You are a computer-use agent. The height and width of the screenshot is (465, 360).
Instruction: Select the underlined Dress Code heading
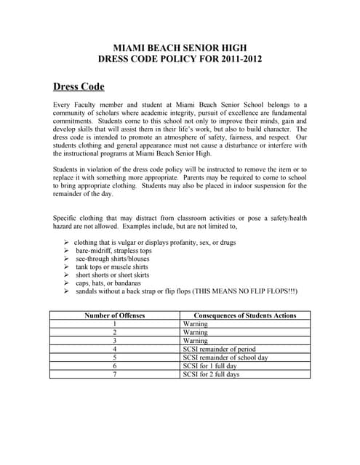click(79, 86)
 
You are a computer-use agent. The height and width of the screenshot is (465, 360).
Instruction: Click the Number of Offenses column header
click(115, 315)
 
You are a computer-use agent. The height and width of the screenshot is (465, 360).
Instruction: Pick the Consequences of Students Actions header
click(245, 315)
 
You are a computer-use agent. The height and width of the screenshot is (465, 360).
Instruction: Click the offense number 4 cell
click(115, 349)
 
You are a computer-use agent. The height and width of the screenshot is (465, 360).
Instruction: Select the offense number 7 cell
click(115, 374)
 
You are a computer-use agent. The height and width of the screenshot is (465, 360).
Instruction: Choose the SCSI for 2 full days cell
click(211, 374)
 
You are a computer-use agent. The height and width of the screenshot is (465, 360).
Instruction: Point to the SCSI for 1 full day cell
click(209, 366)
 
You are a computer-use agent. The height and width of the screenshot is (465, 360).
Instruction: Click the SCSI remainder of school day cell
click(226, 357)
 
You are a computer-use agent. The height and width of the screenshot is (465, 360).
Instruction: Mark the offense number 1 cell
click(115, 324)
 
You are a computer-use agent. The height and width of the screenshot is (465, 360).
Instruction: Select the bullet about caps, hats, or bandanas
click(108, 283)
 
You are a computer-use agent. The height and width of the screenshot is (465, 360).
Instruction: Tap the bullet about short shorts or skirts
click(112, 275)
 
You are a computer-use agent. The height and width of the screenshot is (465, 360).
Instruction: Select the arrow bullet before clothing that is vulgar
click(66, 241)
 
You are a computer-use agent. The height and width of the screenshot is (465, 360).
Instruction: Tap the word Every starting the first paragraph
click(63, 105)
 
